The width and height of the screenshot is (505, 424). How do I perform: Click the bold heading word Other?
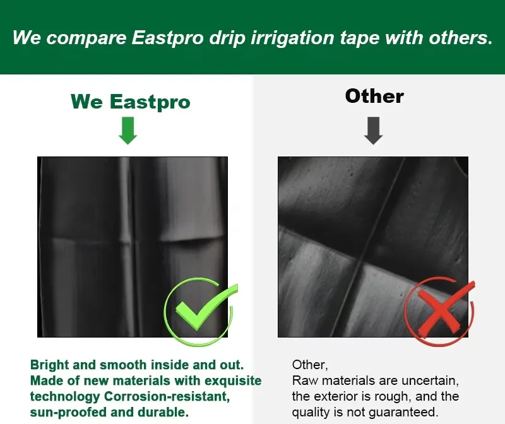(374, 96)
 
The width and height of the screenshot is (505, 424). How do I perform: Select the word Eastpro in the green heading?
(150, 102)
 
